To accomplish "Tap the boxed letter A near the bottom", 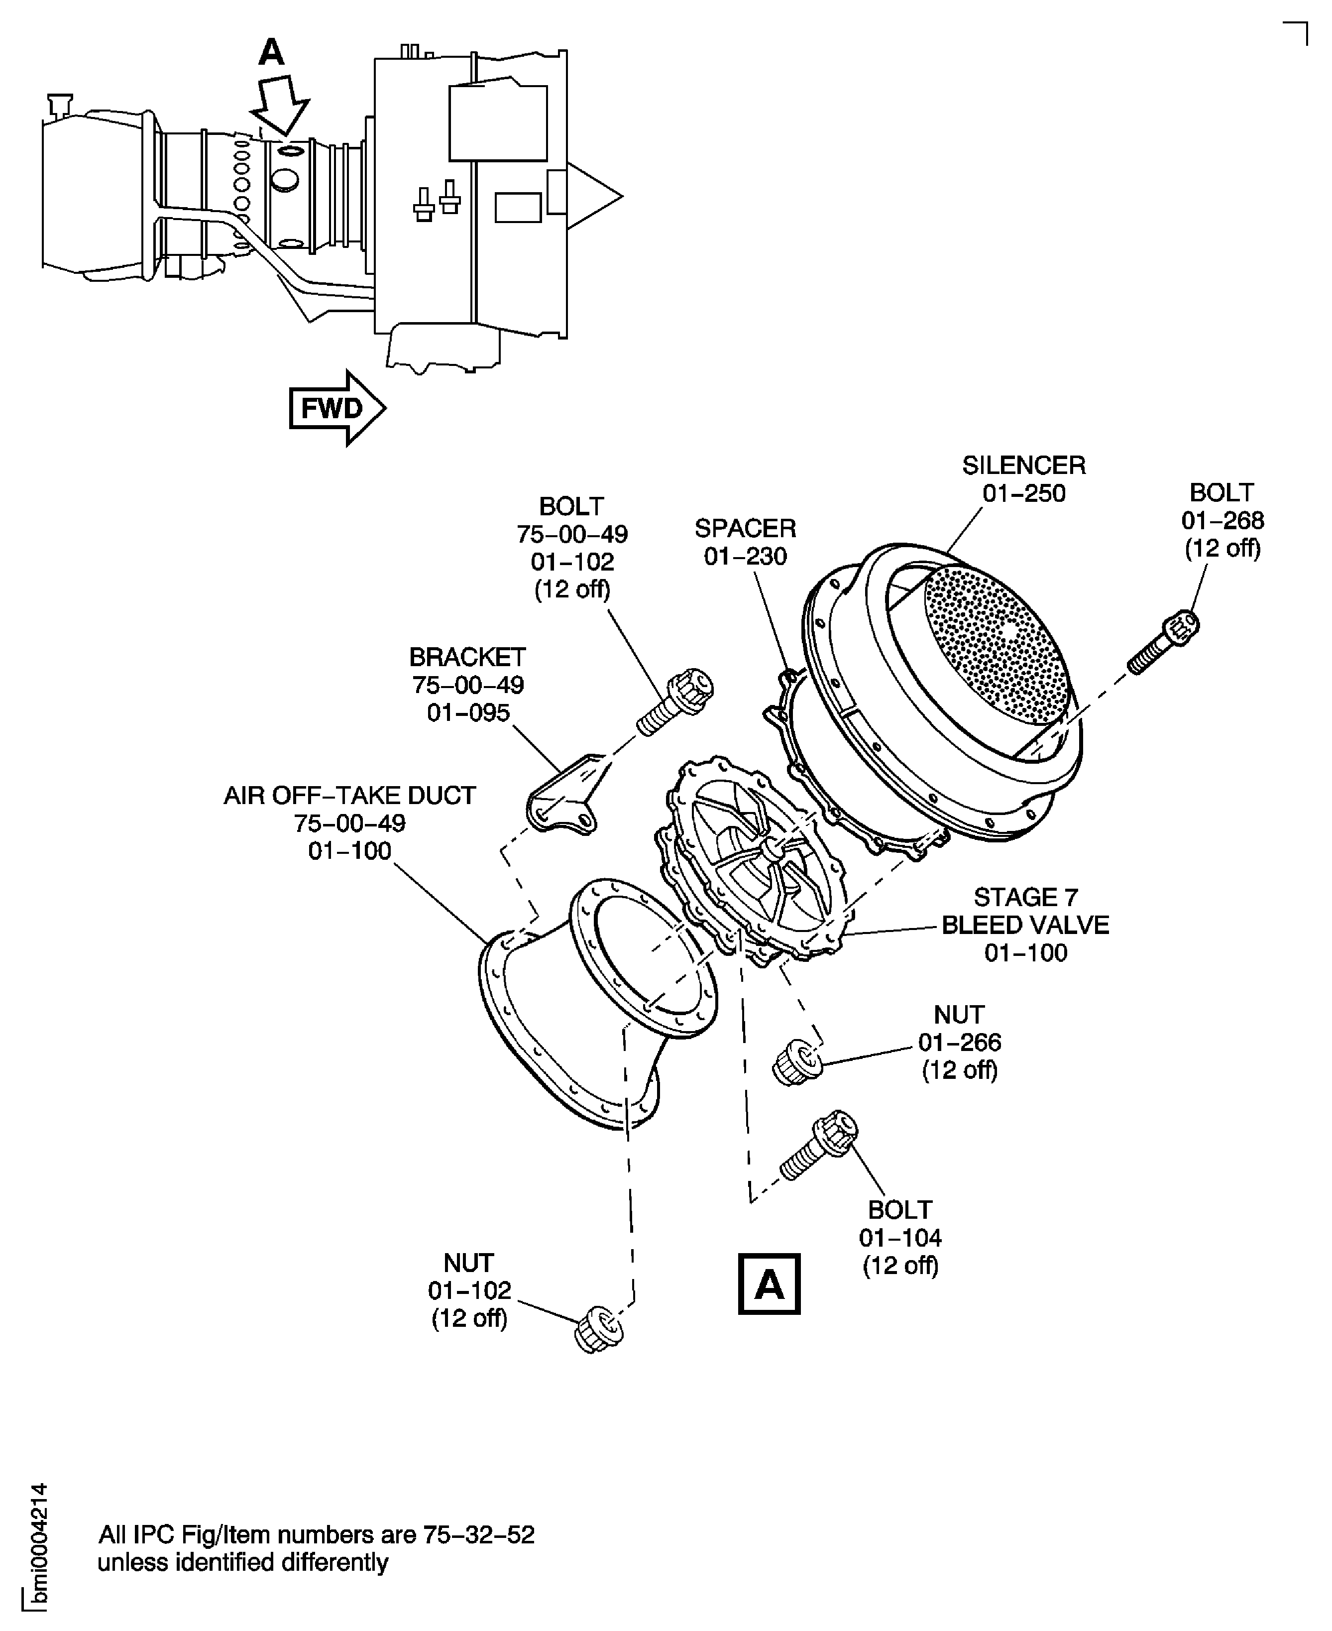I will click(x=769, y=1284).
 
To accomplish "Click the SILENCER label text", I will click(x=1023, y=465).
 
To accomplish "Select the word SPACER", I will click(x=745, y=528).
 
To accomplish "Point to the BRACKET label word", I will click(x=467, y=657).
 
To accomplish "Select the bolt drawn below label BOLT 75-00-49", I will click(x=675, y=702).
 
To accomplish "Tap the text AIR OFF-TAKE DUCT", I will click(x=350, y=795).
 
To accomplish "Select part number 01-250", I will click(x=1023, y=493).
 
